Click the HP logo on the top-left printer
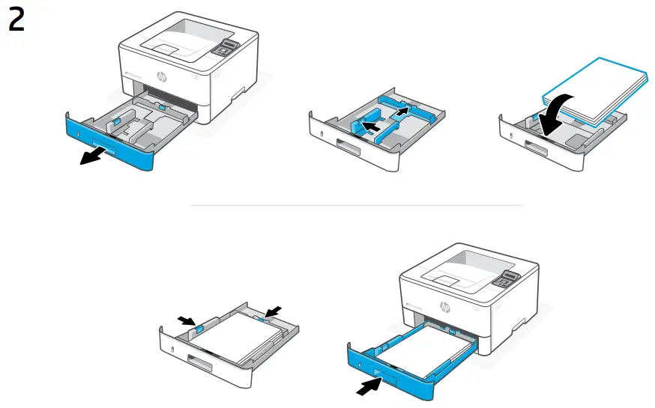pos(162,76)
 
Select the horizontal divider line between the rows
pos(357,204)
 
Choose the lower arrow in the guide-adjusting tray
pos(367,127)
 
